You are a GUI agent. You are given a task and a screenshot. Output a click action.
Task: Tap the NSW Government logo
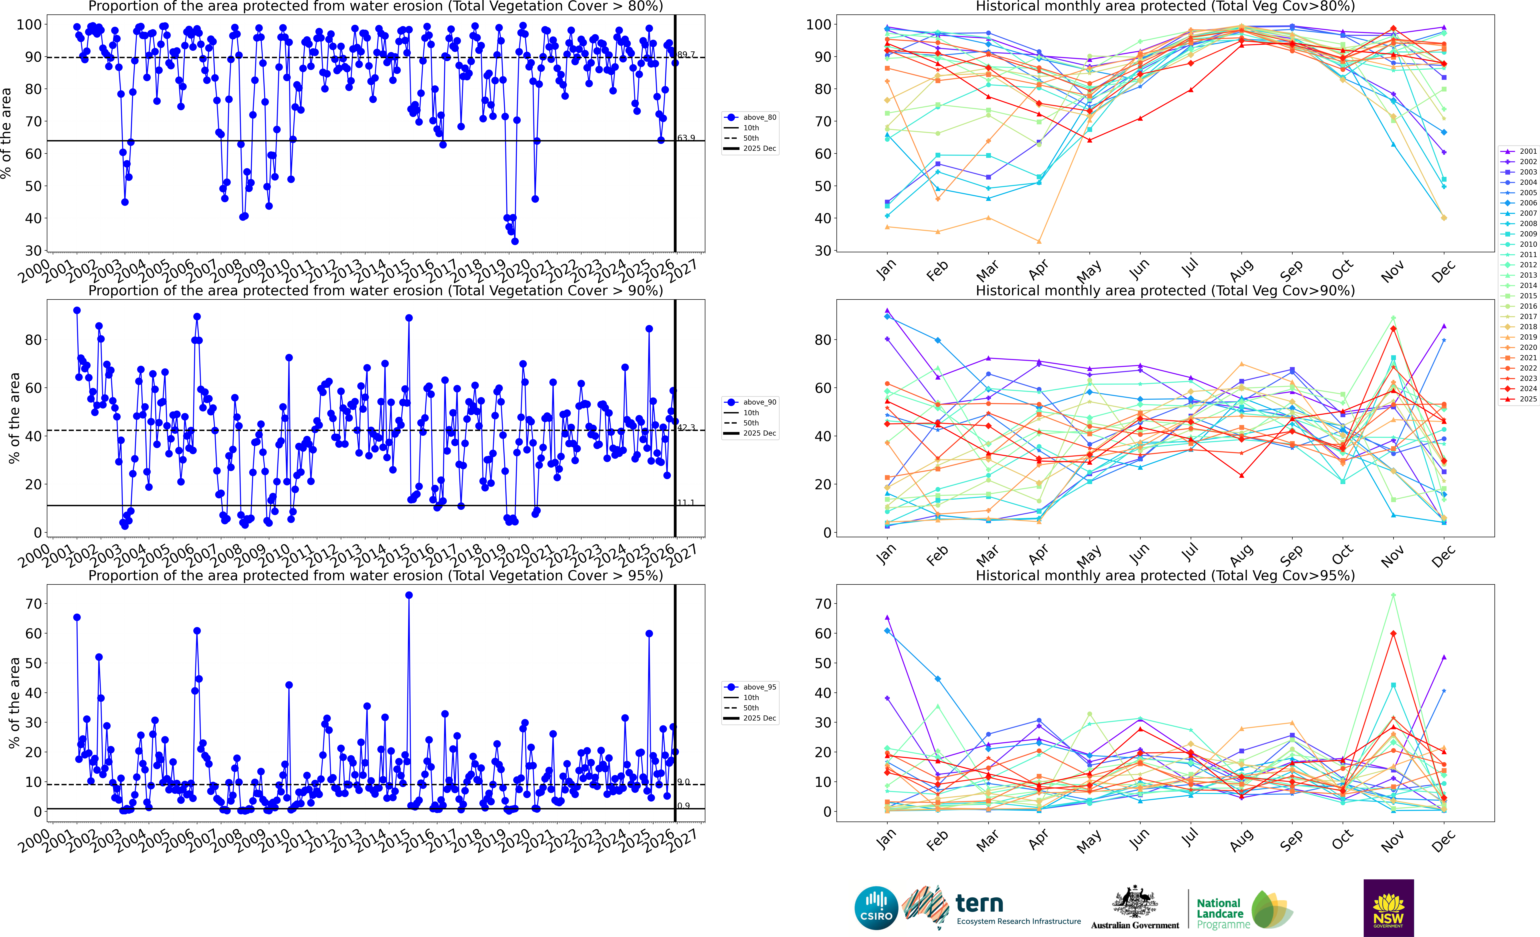pos(1388,908)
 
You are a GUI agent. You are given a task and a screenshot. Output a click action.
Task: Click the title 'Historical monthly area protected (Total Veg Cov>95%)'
pos(1165,575)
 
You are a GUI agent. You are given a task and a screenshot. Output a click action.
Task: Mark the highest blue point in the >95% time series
pos(409,595)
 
